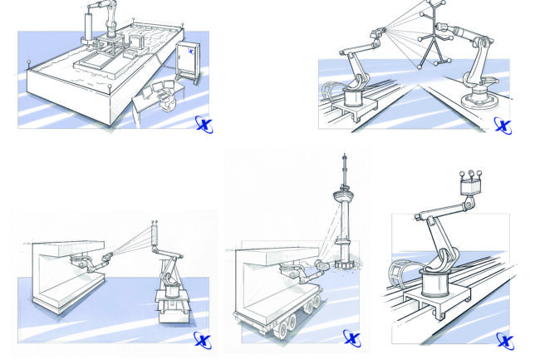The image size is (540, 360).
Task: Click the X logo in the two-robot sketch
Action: pos(503,125)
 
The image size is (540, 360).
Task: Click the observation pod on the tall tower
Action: pos(343,200)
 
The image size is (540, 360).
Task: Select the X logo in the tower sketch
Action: pos(351,338)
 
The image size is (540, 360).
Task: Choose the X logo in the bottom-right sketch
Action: pos(503,340)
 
